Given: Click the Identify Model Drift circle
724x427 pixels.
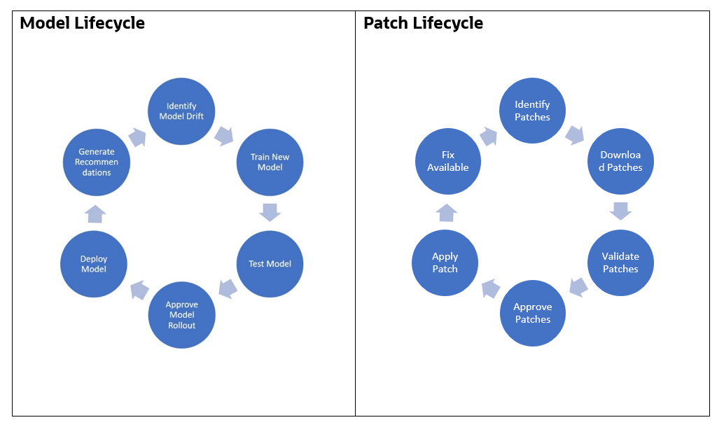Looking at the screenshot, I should pos(181,112).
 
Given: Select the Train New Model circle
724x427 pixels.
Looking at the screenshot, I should pos(270,162).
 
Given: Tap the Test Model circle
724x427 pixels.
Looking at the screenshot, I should pos(270,264).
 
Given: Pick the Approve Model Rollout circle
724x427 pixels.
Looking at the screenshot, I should pos(181,315).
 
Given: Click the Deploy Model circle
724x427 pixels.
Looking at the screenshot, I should pos(93,264).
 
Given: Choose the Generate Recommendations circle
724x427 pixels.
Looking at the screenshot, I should pos(96,162).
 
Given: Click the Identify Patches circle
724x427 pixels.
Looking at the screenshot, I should pos(532,111).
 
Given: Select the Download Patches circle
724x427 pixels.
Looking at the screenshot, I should pos(620,162).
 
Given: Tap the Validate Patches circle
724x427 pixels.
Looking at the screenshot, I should pos(620,262).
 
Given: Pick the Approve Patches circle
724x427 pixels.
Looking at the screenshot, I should pos(532,313).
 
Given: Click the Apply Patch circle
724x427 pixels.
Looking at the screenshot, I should pos(445,262).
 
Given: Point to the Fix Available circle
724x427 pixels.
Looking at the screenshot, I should pos(448,162).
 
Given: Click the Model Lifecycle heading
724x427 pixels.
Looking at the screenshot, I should pos(82,23).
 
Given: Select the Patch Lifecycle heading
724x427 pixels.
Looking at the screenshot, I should pos(423,23).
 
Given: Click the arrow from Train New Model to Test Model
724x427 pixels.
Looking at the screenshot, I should pos(270,212).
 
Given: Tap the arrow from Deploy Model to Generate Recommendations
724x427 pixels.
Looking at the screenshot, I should pos(95,213).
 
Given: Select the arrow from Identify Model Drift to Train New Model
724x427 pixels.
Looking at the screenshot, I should pos(224,135).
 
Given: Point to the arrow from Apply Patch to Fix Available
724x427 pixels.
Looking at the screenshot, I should pos(447,212).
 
